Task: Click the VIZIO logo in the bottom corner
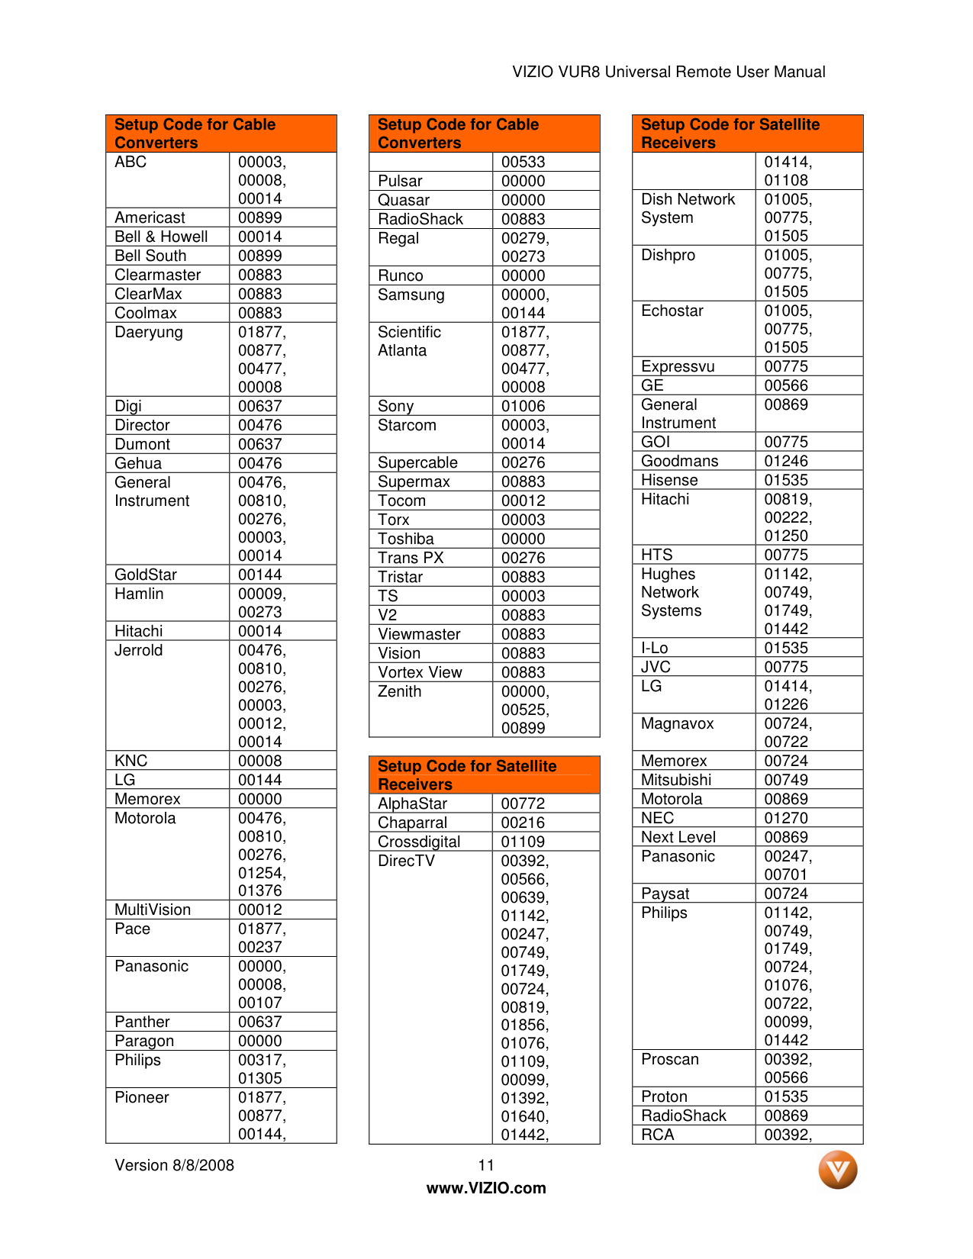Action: (x=837, y=1170)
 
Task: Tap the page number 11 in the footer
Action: (x=486, y=1165)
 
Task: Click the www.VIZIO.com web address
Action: (x=486, y=1188)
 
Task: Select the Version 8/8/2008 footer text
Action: (x=174, y=1165)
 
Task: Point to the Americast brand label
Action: (x=150, y=217)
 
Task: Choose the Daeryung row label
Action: (x=149, y=332)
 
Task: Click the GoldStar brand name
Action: (x=146, y=575)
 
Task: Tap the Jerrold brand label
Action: (x=139, y=650)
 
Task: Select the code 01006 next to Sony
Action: (x=524, y=406)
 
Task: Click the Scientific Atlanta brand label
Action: (x=409, y=341)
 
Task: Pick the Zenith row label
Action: (x=400, y=691)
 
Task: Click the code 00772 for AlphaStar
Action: (x=524, y=803)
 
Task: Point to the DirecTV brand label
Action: (x=407, y=861)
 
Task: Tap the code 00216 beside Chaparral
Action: (x=524, y=823)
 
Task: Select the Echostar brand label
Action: (x=672, y=311)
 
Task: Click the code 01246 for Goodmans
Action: (x=786, y=461)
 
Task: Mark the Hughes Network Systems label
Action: (x=671, y=592)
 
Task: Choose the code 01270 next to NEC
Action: (x=786, y=818)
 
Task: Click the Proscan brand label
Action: (x=670, y=1059)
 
